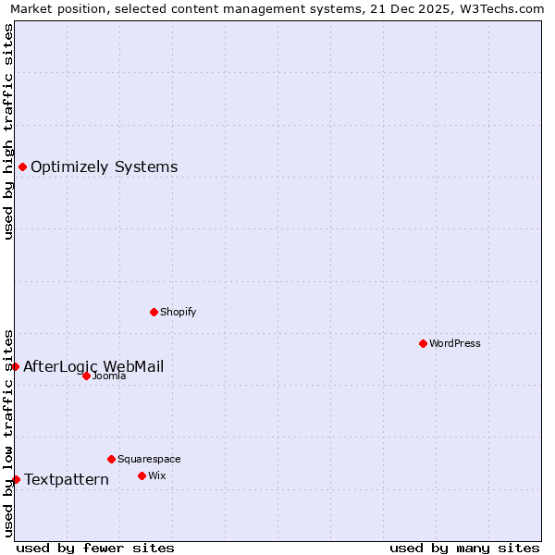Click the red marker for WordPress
tap(423, 343)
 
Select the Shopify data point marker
tap(154, 312)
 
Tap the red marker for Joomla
tap(86, 376)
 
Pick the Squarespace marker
tap(111, 459)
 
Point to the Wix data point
tap(142, 475)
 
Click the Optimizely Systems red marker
tap(22, 166)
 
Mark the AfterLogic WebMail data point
tap(15, 366)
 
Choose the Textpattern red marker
tap(16, 479)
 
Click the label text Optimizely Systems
tap(104, 167)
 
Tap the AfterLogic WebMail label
tap(93, 366)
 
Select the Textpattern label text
tap(67, 479)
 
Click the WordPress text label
tap(455, 343)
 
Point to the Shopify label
tap(179, 312)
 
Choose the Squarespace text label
tap(149, 459)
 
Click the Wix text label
tap(156, 475)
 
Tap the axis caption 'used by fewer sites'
tap(95, 548)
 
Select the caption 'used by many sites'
tap(464, 548)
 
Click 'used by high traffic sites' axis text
tap(9, 131)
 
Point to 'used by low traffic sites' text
tap(9, 432)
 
